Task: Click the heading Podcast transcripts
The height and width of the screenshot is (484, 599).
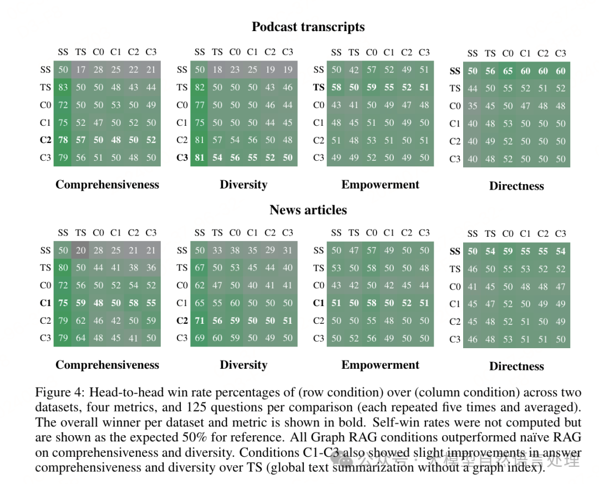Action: click(308, 27)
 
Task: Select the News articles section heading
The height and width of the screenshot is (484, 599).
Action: click(308, 210)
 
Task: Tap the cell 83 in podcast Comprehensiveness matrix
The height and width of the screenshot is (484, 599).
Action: click(63, 87)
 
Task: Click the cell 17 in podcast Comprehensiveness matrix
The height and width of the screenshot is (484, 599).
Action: click(81, 69)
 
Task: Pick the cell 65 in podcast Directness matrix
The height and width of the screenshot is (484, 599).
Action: click(508, 71)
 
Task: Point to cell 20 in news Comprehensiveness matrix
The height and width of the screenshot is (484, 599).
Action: click(81, 250)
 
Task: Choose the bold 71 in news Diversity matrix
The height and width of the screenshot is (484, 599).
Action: click(200, 320)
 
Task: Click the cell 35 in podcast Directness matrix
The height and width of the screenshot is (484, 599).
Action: click(473, 106)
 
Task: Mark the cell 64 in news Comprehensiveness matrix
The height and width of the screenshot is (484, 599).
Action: click(81, 338)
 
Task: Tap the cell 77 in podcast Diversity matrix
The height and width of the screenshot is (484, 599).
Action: click(200, 105)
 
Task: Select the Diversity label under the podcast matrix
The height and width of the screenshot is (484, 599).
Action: click(243, 185)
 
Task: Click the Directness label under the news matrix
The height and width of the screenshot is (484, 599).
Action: click(516, 366)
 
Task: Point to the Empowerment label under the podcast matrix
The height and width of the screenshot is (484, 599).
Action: click(380, 185)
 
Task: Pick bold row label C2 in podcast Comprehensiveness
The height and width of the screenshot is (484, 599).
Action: click(45, 140)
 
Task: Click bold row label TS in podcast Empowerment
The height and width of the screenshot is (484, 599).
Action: click(318, 87)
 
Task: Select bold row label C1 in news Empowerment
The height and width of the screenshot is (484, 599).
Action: click(318, 303)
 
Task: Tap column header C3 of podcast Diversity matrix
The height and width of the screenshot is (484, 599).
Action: click(287, 52)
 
